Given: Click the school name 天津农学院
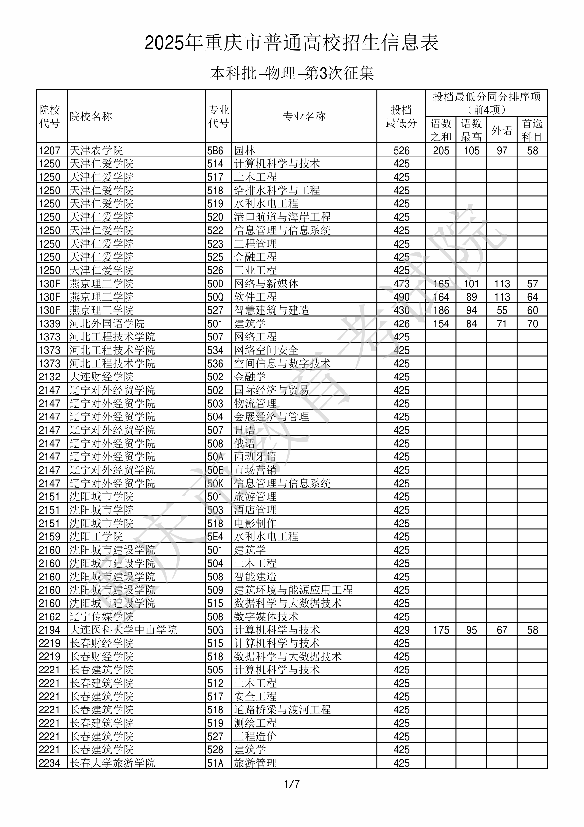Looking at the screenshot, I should [x=96, y=150].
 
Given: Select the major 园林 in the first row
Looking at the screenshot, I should [x=244, y=150].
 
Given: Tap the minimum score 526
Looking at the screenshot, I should [x=401, y=150].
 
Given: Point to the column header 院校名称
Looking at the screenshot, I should [x=91, y=116].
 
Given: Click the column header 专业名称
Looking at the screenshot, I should [x=304, y=116].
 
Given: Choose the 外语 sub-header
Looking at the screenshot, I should [x=502, y=130].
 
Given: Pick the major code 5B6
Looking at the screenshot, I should [x=215, y=150].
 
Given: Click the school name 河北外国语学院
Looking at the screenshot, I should [x=107, y=323].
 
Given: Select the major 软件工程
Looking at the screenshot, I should [x=255, y=297].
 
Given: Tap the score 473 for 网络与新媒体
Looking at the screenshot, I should [x=401, y=284].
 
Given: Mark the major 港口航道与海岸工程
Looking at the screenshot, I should [x=282, y=217].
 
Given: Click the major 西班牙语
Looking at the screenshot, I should [x=255, y=457].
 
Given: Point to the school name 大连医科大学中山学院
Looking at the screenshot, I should [x=123, y=630].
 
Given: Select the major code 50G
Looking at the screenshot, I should [x=215, y=630].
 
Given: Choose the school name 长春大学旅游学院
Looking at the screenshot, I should [x=112, y=763].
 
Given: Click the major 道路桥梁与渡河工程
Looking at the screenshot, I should [x=282, y=709].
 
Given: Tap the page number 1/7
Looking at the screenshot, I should [x=292, y=784].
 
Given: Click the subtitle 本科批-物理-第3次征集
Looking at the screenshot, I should [x=292, y=73].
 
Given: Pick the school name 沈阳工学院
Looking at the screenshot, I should [x=96, y=537].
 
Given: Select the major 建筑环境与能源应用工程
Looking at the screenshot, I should [x=293, y=590].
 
